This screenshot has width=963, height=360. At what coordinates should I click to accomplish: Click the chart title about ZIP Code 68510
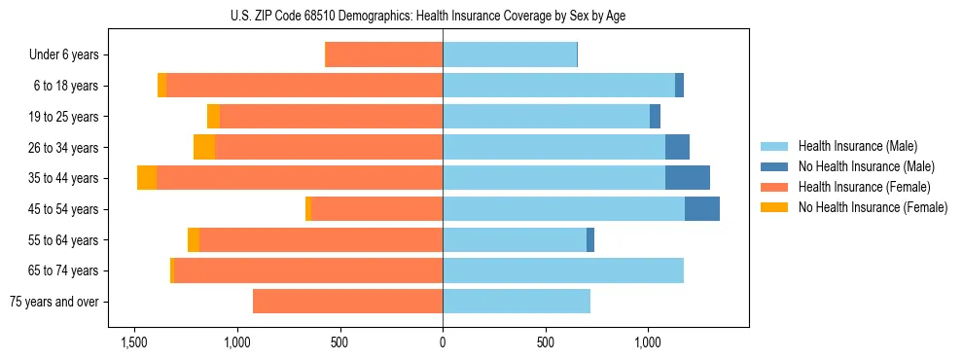click(x=443, y=16)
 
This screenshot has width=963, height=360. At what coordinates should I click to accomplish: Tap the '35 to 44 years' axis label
click(x=64, y=178)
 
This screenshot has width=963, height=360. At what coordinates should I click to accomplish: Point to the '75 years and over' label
click(x=54, y=302)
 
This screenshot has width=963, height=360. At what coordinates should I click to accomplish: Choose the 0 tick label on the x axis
click(x=443, y=342)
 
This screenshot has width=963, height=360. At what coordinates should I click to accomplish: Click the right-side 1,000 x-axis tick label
click(x=649, y=342)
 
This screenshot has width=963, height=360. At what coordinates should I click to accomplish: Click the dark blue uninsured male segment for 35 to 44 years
click(x=688, y=178)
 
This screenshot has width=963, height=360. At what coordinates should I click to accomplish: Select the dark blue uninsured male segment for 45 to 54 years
click(x=702, y=209)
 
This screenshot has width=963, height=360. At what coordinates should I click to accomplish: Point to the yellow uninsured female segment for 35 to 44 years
click(x=147, y=178)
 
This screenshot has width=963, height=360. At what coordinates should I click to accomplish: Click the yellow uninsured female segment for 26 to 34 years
click(x=204, y=147)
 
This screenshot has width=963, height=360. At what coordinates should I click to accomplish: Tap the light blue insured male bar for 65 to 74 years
click(x=563, y=270)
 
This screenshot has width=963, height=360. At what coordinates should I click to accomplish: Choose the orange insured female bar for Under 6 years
click(x=383, y=55)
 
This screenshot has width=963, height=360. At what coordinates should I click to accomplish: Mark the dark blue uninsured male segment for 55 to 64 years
click(x=590, y=239)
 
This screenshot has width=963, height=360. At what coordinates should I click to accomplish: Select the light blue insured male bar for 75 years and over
click(x=517, y=302)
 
